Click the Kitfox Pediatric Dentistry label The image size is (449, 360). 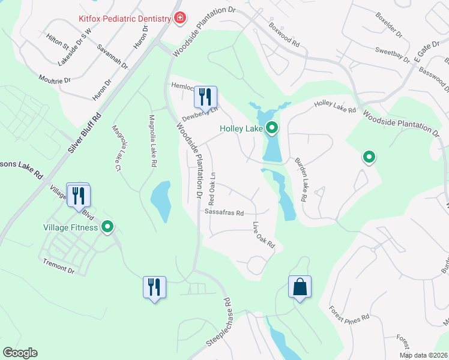pyautogui.click(x=125, y=19)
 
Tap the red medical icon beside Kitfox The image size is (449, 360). pyautogui.click(x=179, y=19)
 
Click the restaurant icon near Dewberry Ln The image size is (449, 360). pyautogui.click(x=205, y=97)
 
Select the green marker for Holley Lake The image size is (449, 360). pyautogui.click(x=272, y=127)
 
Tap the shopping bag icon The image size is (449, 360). pyautogui.click(x=300, y=287)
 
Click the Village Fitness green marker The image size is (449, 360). pyautogui.click(x=108, y=226)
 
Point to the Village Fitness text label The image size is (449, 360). pyautogui.click(x=70, y=227)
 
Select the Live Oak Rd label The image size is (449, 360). pyautogui.click(x=264, y=236)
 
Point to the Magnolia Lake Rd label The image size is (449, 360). pyautogui.click(x=154, y=141)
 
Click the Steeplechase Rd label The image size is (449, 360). pyautogui.click(x=219, y=321)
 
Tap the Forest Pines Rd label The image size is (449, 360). pyautogui.click(x=349, y=316)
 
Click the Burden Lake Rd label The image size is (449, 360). pyautogui.click(x=301, y=179)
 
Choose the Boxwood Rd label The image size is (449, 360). pyautogui.click(x=284, y=35)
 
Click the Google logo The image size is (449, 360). pyautogui.click(x=20, y=353)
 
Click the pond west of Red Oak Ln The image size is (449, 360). pyautogui.click(x=160, y=199)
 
